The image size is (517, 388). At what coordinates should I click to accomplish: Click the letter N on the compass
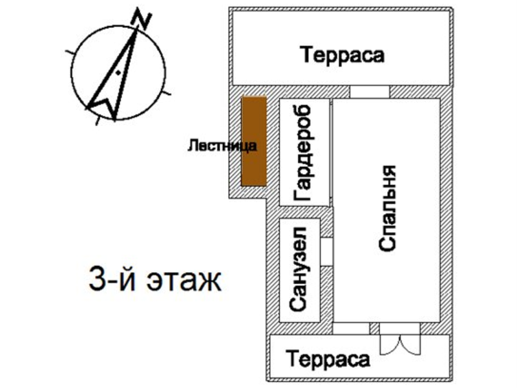pos(141,19)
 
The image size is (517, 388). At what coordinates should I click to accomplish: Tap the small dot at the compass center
pos(118,73)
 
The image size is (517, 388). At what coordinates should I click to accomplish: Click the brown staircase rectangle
pos(253,141)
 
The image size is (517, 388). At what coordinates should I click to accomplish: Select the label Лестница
pos(222,145)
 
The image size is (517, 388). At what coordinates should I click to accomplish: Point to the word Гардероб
pos(302,153)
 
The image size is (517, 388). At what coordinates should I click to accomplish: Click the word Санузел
pos(298,269)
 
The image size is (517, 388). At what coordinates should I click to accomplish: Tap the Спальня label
pos(387,208)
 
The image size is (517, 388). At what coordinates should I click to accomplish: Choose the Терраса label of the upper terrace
pos(343,55)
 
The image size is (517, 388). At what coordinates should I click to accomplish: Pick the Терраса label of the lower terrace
pos(328,359)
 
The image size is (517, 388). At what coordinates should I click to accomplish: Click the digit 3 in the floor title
pos(96,281)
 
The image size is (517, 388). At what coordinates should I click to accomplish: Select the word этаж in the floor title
pos(184,282)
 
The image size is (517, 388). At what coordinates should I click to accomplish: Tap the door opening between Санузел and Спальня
pos(326,252)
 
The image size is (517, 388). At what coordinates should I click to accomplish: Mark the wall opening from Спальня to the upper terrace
pos(370,92)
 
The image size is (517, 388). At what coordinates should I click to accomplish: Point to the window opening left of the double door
pos(351,329)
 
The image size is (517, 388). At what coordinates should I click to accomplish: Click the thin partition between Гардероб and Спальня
pos(332,153)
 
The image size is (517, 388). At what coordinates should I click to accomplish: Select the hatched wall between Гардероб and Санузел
pos(300,212)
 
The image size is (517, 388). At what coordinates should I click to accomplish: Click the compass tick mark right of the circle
pos(167,92)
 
